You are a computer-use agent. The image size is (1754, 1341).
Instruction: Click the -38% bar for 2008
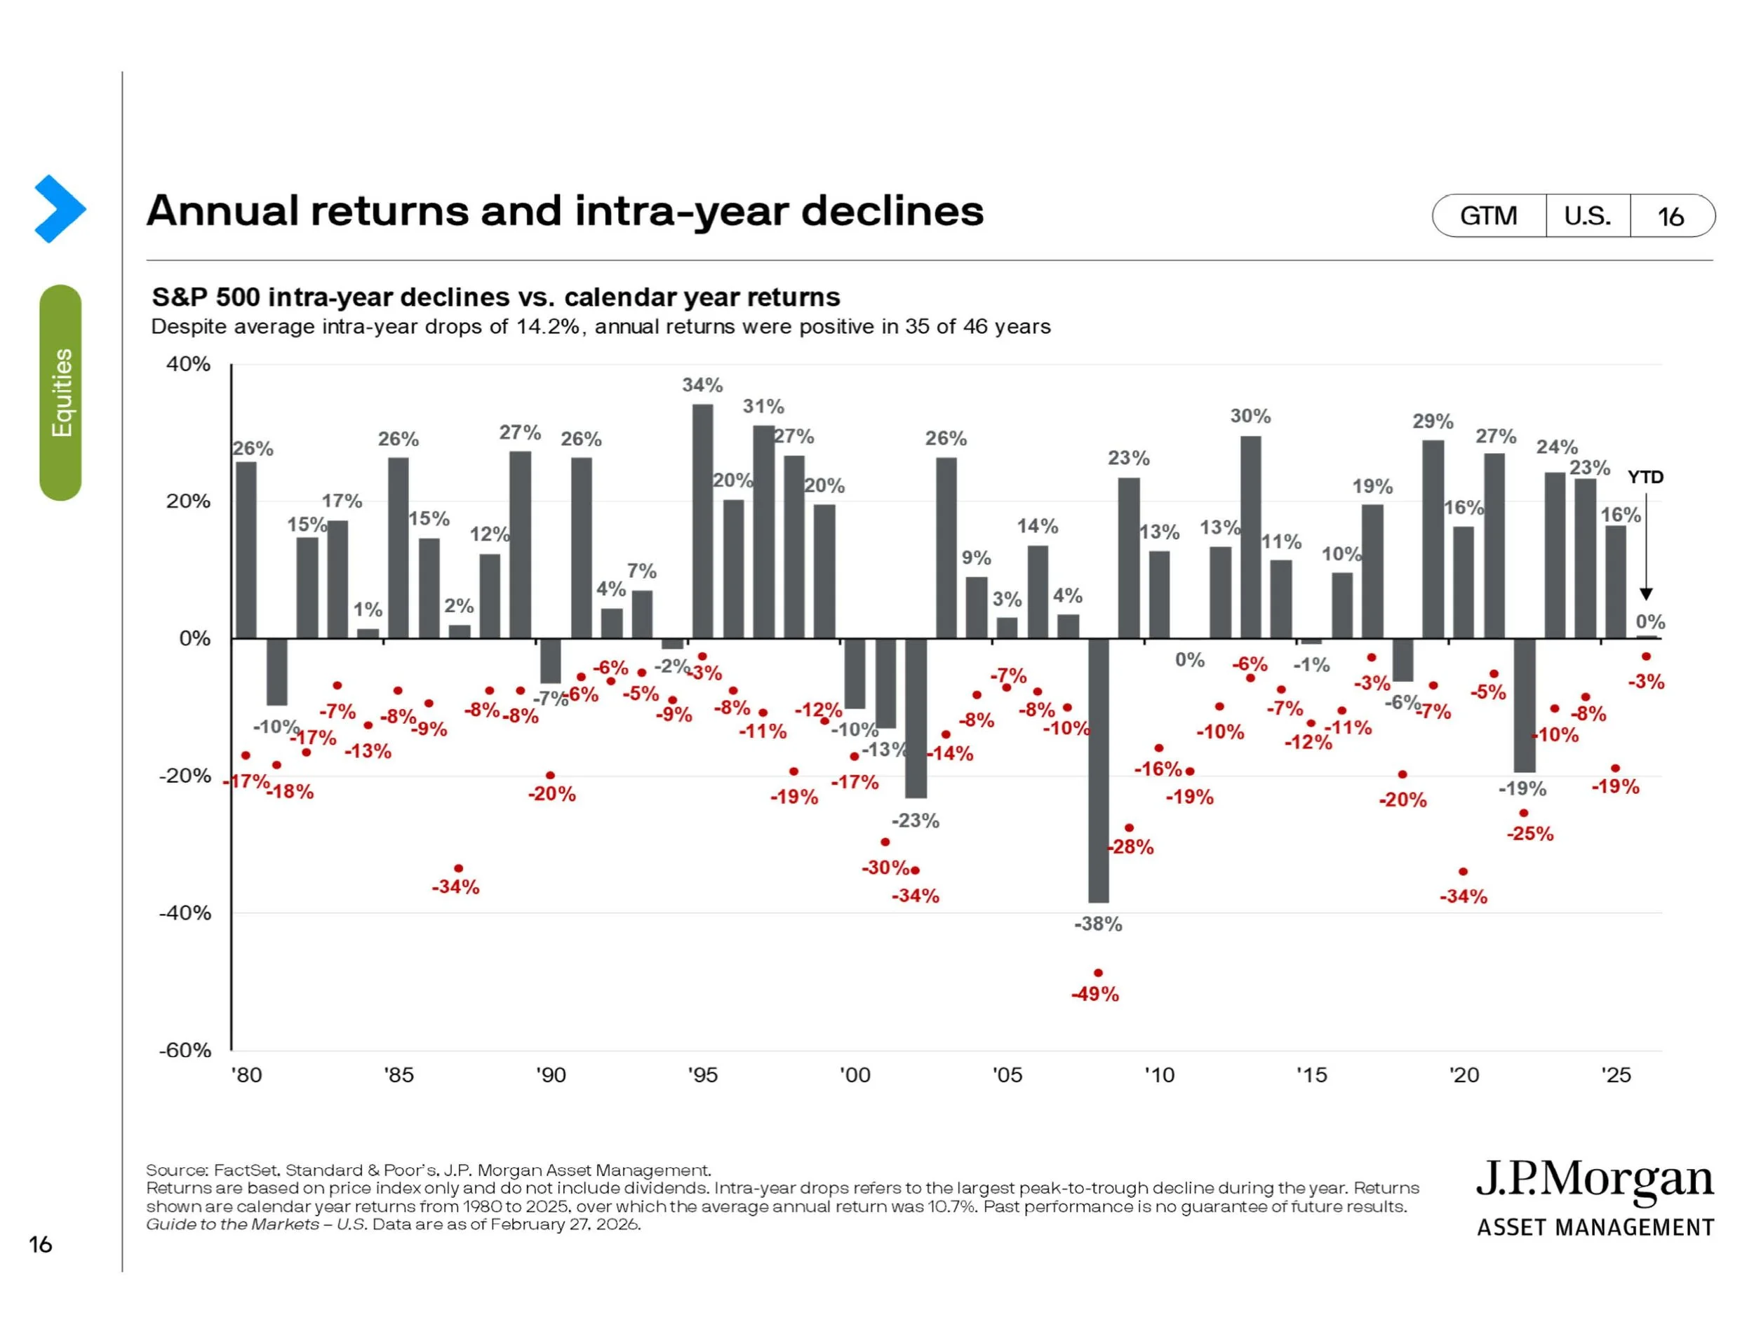1098,769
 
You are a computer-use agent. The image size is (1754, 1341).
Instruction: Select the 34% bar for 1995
702,520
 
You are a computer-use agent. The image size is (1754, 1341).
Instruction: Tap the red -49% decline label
1094,994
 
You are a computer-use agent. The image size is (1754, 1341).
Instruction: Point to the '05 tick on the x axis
1007,1075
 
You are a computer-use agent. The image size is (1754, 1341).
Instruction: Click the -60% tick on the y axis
185,1050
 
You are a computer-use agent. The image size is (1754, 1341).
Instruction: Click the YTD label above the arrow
1645,478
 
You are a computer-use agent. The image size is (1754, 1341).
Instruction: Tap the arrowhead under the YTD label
1645,594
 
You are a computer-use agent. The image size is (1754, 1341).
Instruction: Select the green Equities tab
60,393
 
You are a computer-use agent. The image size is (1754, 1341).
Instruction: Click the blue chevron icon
60,208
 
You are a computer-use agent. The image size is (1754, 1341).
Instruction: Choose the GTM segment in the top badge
1488,216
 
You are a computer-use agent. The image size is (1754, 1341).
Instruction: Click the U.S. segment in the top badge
1586,216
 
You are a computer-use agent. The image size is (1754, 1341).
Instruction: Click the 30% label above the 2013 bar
1250,416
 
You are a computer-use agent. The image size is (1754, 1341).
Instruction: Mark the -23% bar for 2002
916,717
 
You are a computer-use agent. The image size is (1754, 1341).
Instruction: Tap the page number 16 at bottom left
40,1244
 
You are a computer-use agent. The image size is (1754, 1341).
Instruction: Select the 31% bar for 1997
763,532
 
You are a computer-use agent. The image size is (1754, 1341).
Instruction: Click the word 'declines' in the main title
892,212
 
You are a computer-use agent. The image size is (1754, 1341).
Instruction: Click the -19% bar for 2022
1524,705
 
